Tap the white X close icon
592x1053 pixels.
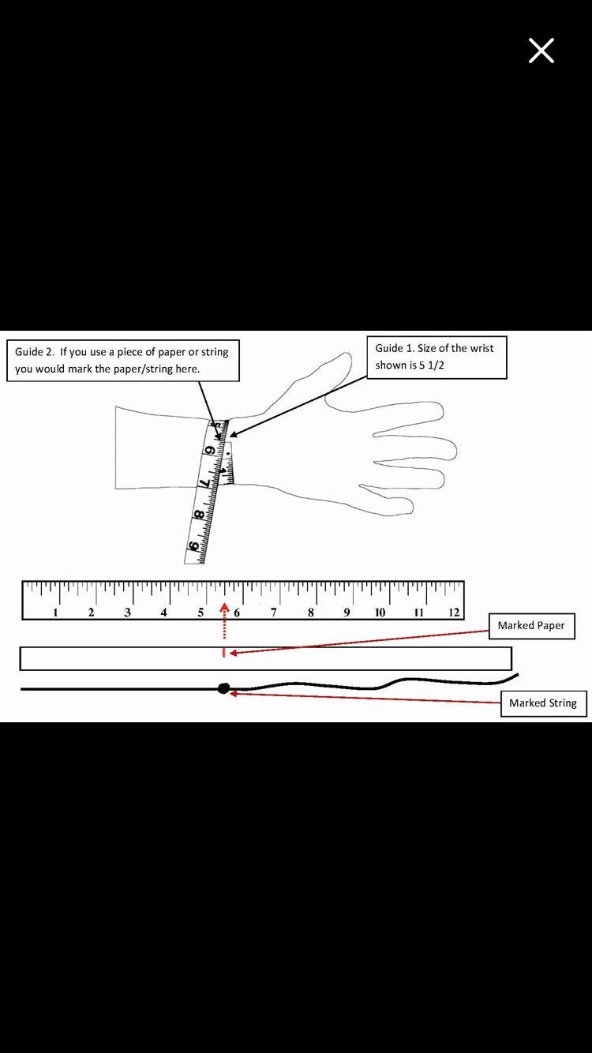pos(541,51)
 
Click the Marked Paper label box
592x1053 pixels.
pos(531,626)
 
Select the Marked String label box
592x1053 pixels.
pos(543,703)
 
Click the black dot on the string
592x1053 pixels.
pos(224,688)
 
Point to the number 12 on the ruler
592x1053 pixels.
pos(453,612)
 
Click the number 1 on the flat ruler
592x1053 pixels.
pos(55,612)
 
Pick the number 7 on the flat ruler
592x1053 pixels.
pos(274,612)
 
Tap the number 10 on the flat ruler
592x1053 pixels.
pos(380,612)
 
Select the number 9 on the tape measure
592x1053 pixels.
pos(193,546)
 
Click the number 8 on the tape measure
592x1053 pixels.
pos(199,515)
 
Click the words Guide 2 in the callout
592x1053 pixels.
pos(34,351)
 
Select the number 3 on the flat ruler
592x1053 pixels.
pos(127,612)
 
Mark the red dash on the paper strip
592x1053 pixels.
pos(224,653)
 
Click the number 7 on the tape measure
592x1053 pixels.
pos(204,483)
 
